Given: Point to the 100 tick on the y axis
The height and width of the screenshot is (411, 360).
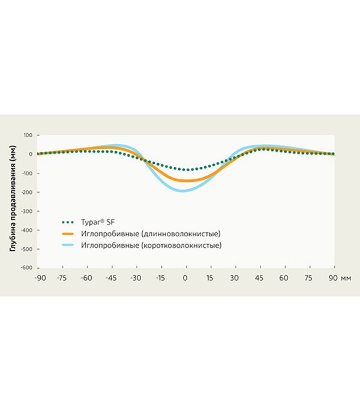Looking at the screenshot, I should point(27,135).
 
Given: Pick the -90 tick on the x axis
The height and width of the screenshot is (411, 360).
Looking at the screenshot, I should point(40,278).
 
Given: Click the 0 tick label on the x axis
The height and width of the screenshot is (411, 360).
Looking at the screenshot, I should point(185,278).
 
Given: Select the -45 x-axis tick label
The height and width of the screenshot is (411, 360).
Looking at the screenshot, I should point(110,278).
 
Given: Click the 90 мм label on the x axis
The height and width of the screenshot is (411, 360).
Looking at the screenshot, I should point(338,278).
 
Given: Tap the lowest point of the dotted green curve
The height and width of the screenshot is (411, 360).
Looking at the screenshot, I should point(185,170).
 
